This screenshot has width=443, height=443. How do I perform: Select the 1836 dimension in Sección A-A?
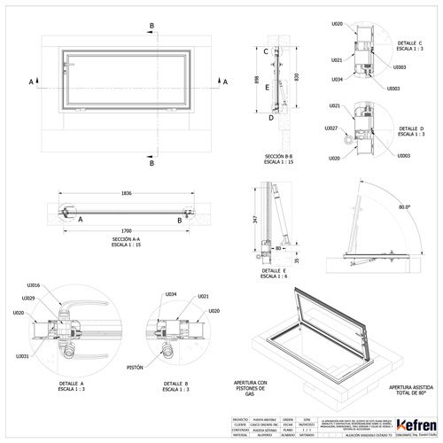122,193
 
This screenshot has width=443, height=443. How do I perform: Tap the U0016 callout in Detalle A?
33,286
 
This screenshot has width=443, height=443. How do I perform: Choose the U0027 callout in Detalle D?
330,128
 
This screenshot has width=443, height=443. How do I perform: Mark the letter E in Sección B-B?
265,85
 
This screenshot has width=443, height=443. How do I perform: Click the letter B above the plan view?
152,26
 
